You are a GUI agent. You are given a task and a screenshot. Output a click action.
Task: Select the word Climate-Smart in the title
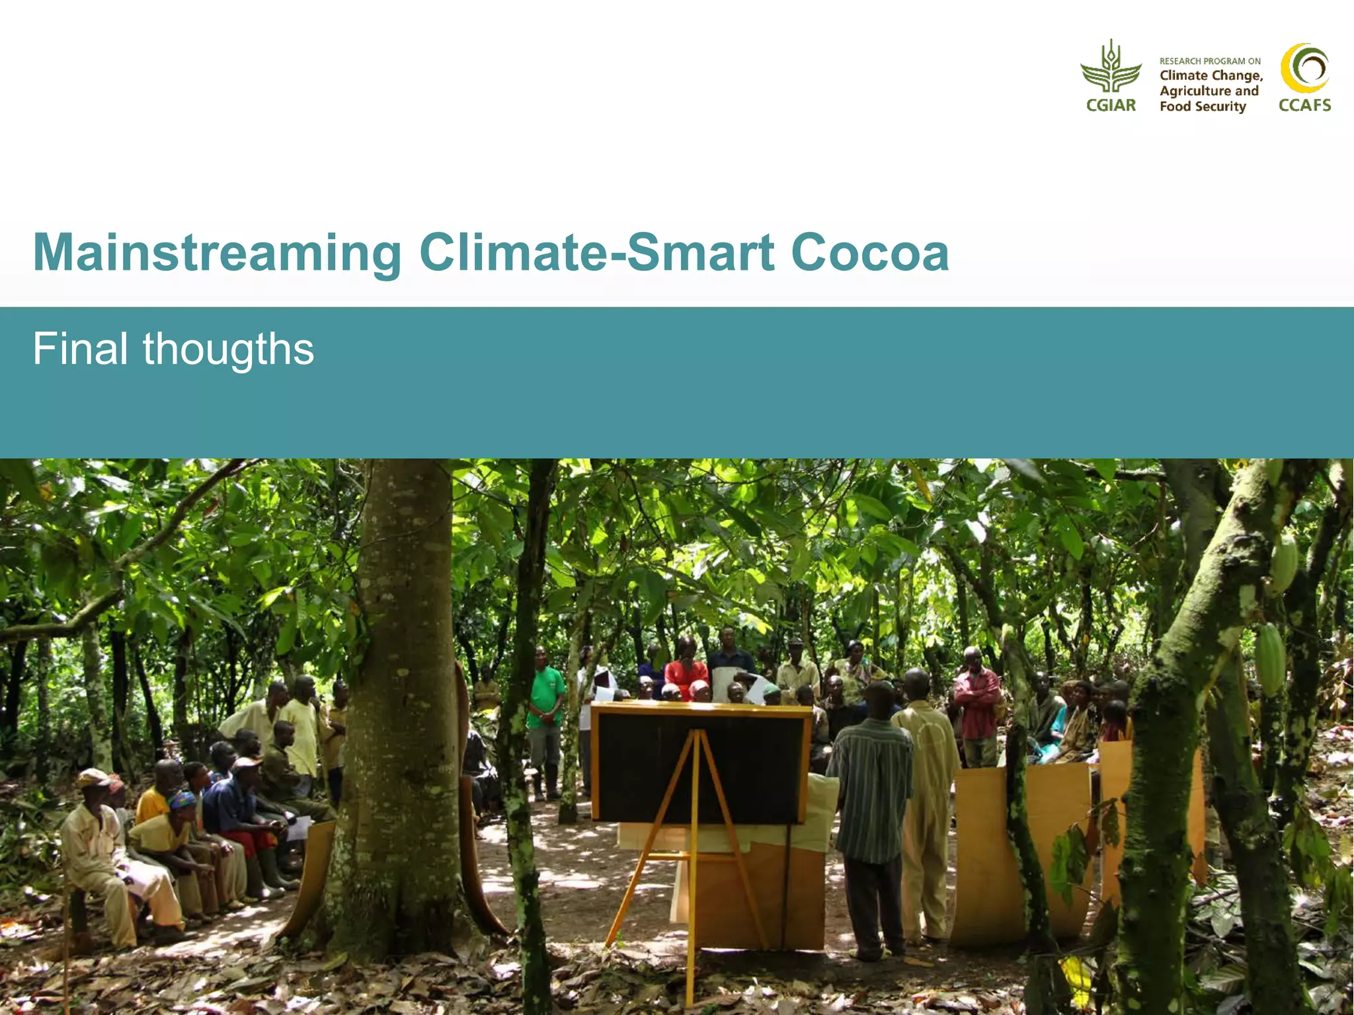(596, 253)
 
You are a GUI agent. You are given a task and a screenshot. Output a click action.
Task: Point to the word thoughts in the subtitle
(228, 350)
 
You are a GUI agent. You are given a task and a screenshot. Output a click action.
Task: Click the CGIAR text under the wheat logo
(1111, 105)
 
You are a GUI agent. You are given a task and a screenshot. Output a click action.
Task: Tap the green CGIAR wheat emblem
(1111, 66)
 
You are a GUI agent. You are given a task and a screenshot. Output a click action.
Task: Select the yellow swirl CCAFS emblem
(1304, 67)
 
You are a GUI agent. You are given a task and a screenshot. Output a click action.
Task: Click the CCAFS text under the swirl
(1304, 105)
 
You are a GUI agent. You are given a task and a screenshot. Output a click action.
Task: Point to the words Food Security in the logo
(1202, 106)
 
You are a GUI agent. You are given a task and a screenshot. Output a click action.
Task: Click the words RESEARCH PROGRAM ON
(1210, 61)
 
